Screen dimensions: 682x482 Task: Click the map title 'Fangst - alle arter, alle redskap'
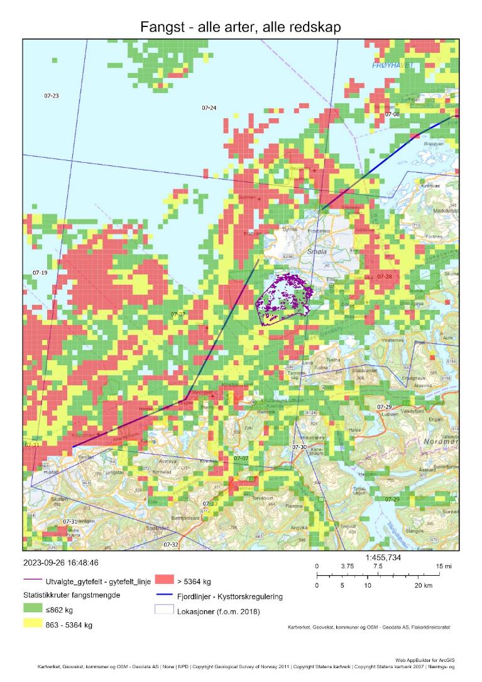(x=241, y=26)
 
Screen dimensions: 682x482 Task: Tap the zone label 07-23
(x=52, y=96)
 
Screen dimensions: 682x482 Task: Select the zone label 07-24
(x=209, y=108)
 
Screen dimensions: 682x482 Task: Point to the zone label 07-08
(x=392, y=114)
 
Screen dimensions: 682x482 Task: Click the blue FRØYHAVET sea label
(x=390, y=65)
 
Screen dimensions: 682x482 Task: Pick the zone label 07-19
(x=40, y=273)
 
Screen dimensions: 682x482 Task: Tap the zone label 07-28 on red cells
(x=385, y=277)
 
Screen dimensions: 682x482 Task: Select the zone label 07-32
(x=171, y=544)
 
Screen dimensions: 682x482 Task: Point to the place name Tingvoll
(x=348, y=526)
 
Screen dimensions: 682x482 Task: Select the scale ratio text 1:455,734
(x=383, y=558)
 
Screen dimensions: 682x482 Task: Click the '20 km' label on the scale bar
(x=421, y=585)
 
